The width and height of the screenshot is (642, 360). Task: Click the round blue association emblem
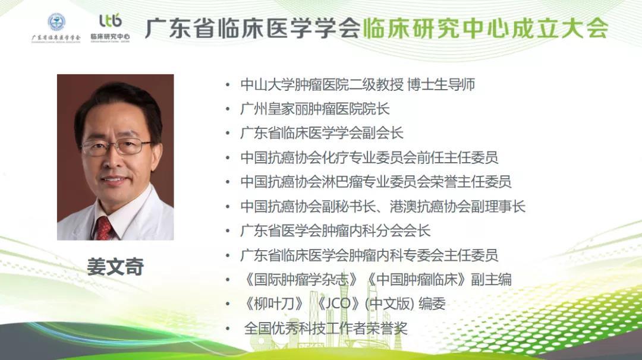56,22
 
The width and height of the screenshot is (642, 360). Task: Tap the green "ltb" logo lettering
111,20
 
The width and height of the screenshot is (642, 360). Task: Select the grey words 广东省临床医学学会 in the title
253,29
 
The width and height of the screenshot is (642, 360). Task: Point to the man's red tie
104,228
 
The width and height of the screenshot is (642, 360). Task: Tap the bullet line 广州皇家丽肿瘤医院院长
315,109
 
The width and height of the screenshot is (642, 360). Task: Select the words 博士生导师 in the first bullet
441,85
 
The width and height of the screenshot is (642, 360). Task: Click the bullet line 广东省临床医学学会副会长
322,133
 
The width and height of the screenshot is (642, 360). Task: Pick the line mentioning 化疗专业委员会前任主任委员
369,158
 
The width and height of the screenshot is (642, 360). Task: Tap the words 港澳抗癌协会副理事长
457,207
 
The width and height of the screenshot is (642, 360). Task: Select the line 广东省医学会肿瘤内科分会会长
335,231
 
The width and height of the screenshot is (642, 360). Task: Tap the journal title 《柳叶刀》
273,304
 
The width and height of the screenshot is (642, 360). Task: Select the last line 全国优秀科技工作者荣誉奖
326,329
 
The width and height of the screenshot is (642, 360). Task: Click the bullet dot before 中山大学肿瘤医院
228,85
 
